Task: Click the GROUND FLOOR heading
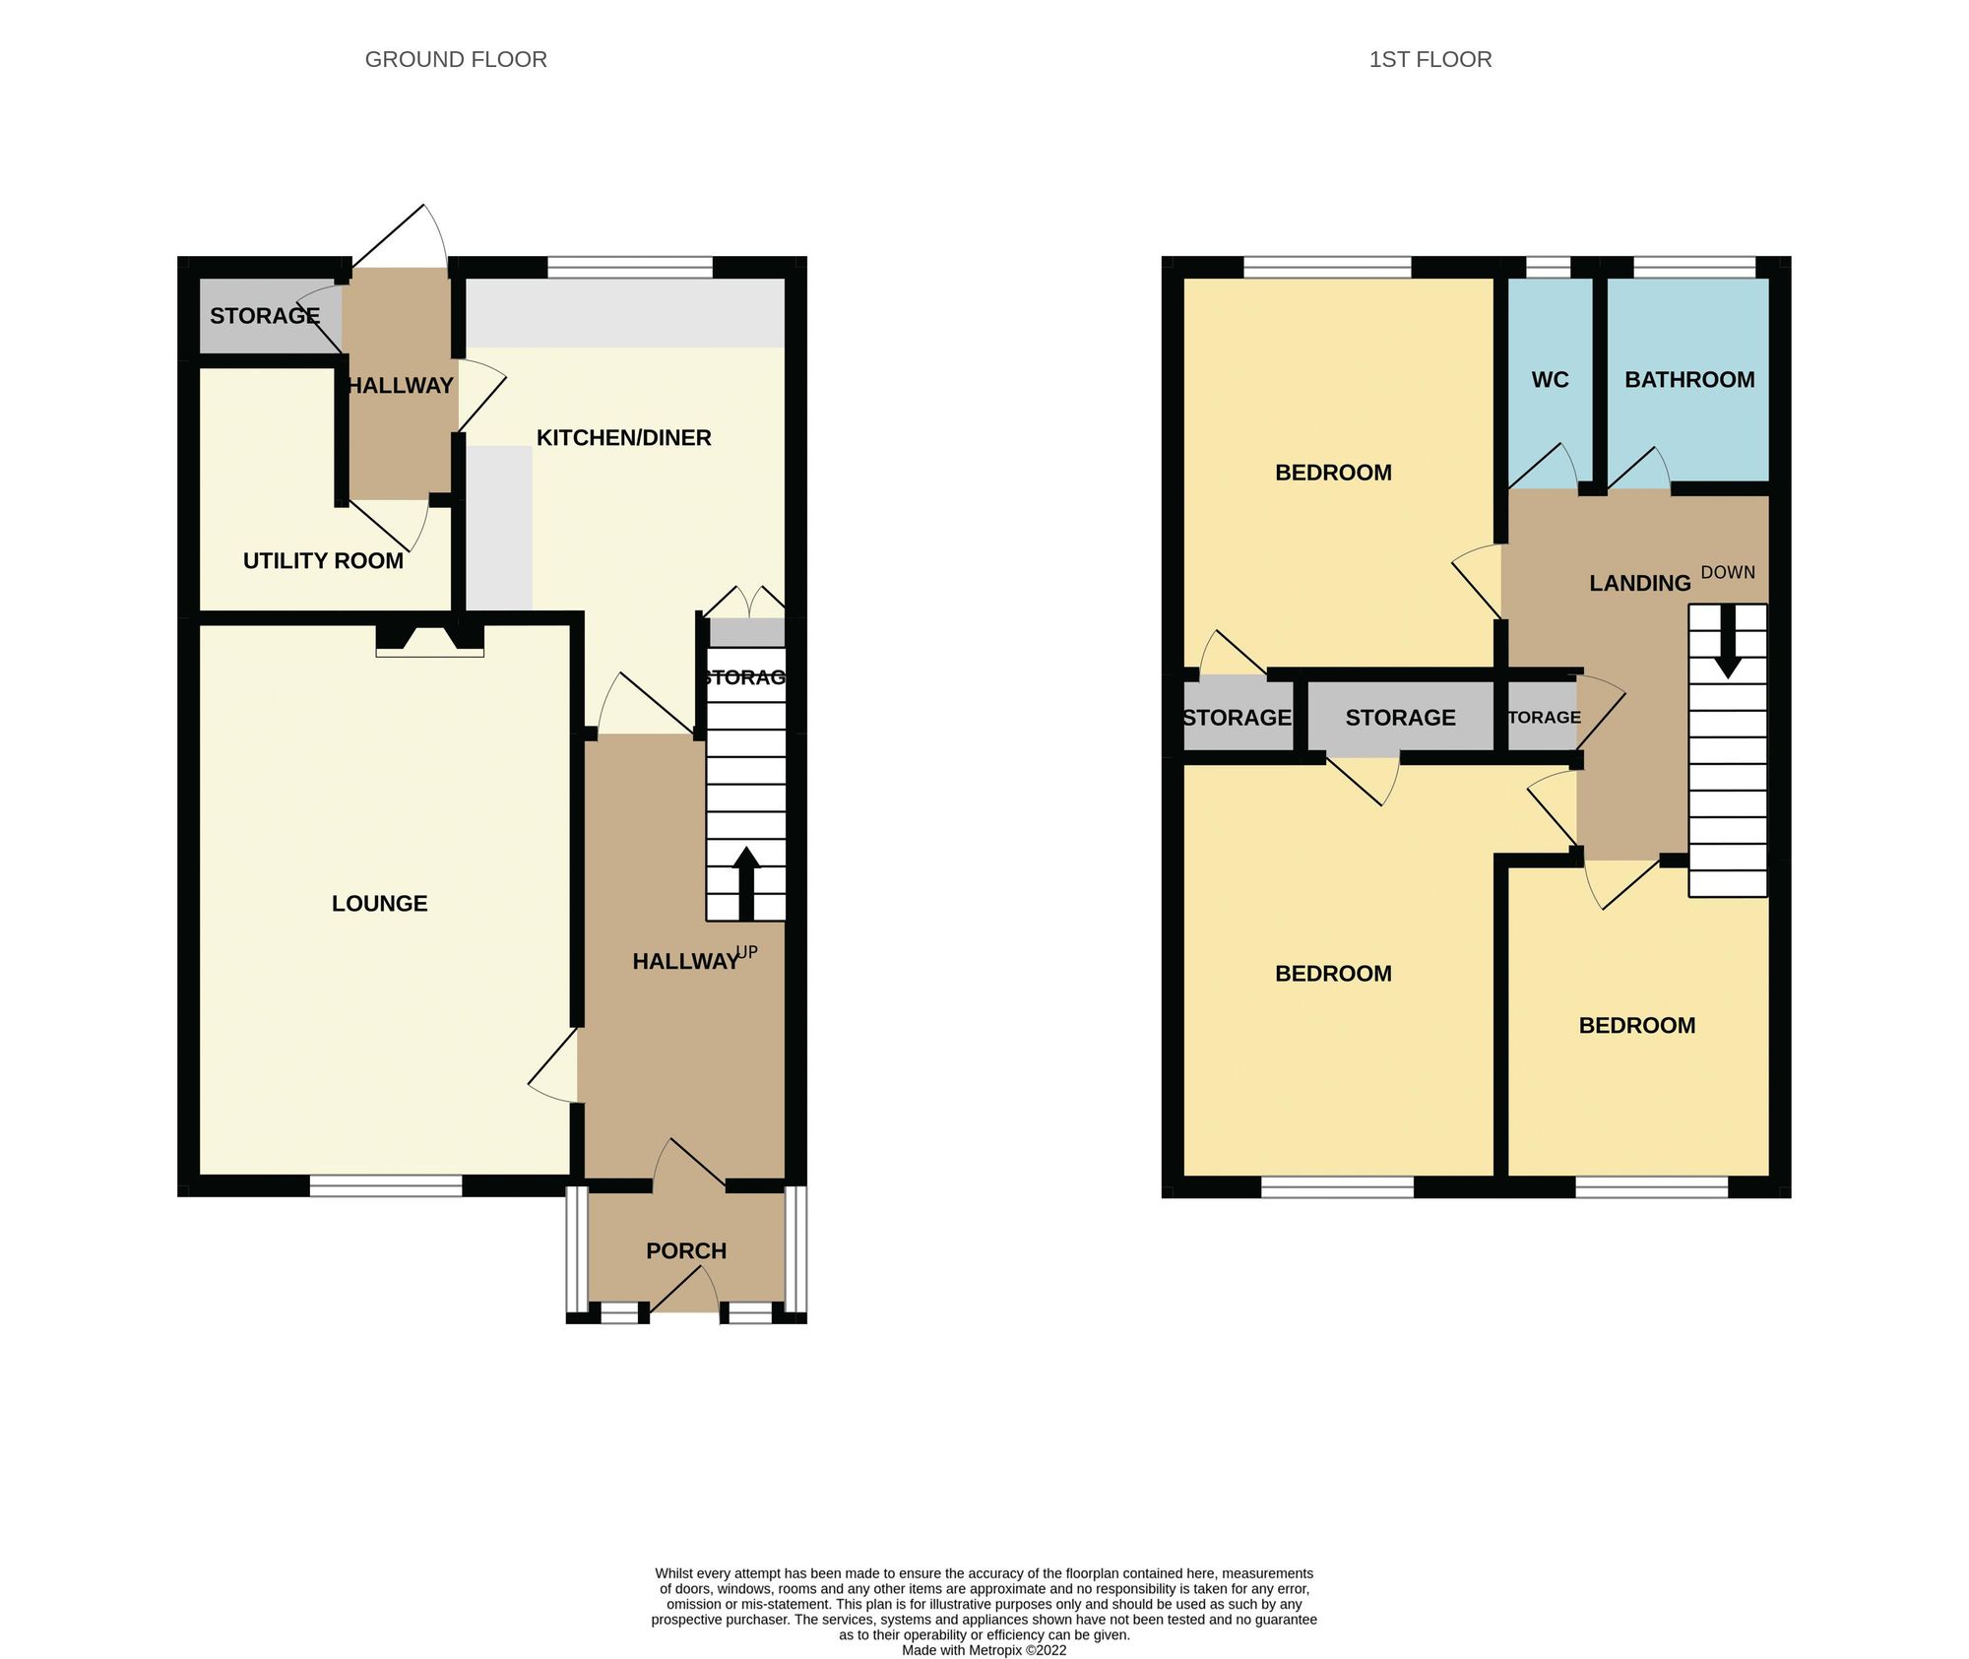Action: (456, 59)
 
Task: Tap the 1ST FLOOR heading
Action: (1429, 59)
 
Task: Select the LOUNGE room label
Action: (379, 903)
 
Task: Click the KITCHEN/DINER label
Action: (623, 437)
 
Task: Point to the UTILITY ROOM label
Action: (323, 560)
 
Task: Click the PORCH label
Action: (686, 1250)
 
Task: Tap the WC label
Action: (1550, 379)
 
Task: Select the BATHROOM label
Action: (1689, 379)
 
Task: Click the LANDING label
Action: (1639, 583)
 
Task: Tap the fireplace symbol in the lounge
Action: (430, 638)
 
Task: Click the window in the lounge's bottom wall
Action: (386, 1186)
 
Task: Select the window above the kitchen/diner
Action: (629, 267)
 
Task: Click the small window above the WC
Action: (1548, 267)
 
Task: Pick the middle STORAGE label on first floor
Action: (1400, 718)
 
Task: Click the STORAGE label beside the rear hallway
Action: (264, 316)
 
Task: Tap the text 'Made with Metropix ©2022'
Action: (984, 1650)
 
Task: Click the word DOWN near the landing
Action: (1728, 572)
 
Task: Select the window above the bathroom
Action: (1694, 267)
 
